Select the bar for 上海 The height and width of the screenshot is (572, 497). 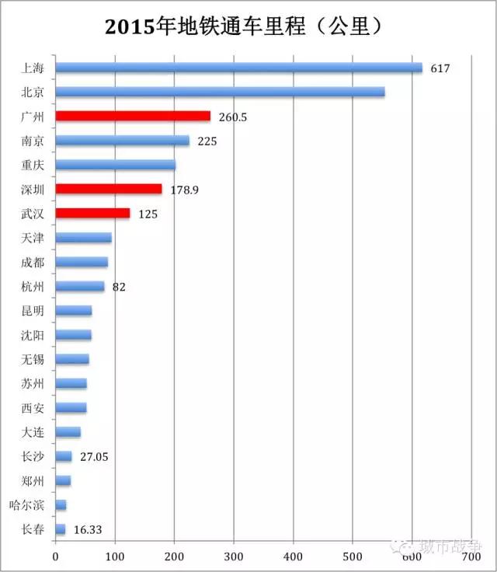point(238,68)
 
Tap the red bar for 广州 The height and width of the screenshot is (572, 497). point(133,116)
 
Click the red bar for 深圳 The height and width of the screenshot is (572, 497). point(109,189)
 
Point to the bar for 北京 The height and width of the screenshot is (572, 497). point(220,92)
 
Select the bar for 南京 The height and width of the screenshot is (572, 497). point(122,141)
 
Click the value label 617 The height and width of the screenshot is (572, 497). point(440,68)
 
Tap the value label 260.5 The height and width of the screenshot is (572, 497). point(231,117)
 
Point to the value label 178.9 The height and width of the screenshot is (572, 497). point(185,190)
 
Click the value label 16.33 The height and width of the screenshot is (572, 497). point(88,530)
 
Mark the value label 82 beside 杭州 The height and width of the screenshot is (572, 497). point(119,287)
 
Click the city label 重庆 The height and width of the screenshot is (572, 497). point(33,165)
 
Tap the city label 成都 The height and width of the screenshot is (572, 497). point(33,263)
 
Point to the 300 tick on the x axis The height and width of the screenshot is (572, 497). point(234,556)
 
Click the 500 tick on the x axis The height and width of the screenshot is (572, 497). point(353,556)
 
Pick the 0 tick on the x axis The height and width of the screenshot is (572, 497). point(55,556)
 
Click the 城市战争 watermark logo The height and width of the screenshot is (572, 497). point(441,546)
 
